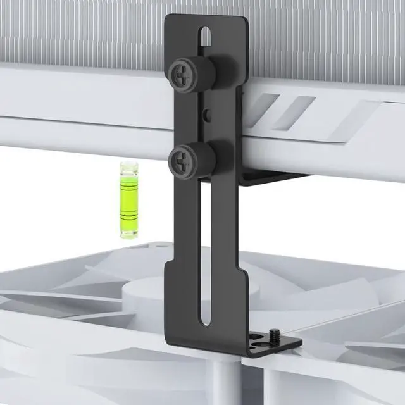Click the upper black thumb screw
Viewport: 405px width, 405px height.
(193, 74)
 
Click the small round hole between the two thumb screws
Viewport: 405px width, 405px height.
(208, 115)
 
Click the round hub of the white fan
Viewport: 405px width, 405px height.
(149, 297)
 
